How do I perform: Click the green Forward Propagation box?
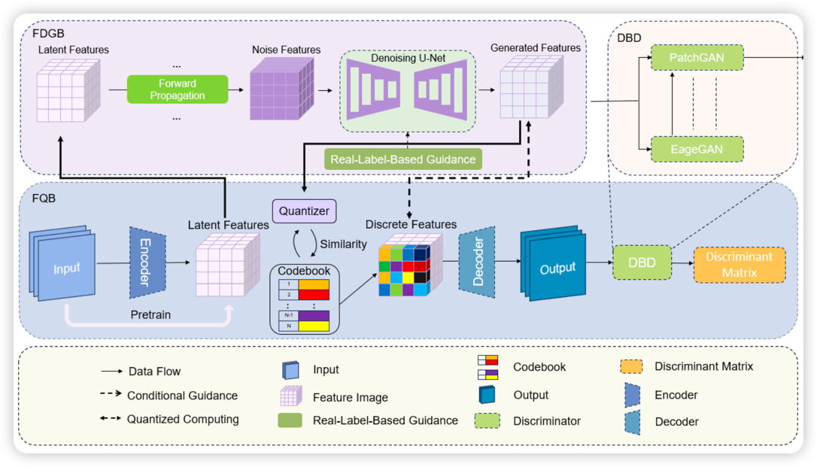coord(178,89)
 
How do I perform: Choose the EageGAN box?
coord(696,149)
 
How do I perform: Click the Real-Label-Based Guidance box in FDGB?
coord(402,159)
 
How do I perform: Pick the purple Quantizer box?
coord(304,211)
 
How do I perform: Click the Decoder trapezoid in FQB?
coord(478,262)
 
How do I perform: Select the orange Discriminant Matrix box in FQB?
coord(739,264)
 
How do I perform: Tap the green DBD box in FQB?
coord(641,263)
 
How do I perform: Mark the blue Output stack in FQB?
coord(554,265)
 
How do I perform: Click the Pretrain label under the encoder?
coord(150,314)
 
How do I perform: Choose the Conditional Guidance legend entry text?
coord(182,396)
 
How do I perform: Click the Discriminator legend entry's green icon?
coord(487,420)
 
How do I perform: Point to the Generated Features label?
coord(535,48)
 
